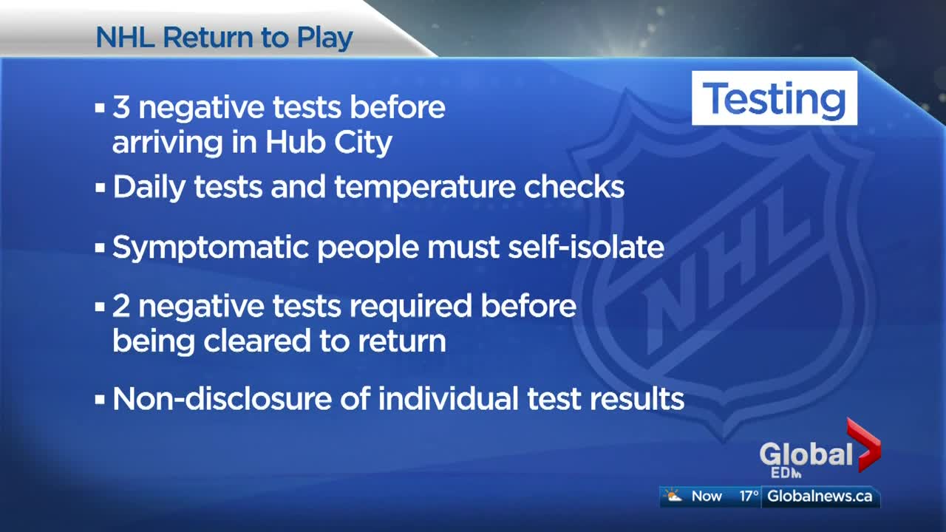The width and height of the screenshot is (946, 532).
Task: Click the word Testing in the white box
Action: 774,99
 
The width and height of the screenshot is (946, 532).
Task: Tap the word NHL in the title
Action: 125,38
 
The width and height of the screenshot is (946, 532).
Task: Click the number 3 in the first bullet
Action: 120,107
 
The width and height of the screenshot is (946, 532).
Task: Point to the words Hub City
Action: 329,143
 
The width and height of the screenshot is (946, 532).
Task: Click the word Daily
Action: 149,188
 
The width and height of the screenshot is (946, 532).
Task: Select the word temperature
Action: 424,188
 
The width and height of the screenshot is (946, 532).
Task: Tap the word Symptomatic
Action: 211,248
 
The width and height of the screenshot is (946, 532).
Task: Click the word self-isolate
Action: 586,247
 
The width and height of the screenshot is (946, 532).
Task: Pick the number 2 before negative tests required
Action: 120,306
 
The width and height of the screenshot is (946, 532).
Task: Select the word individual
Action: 448,398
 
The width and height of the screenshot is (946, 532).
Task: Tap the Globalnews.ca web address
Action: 820,496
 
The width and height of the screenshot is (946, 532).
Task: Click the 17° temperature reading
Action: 749,496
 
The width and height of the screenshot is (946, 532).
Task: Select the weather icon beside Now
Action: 673,495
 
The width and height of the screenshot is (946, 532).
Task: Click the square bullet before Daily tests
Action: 100,188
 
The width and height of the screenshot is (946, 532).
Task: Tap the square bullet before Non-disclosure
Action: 100,400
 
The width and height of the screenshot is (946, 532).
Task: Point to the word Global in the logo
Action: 806,454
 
